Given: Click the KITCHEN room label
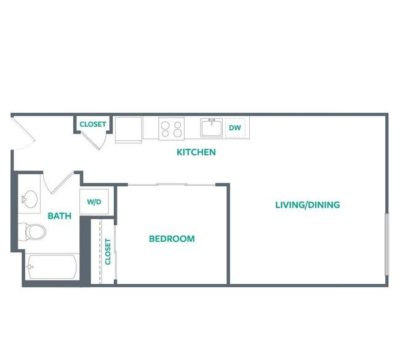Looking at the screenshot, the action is [196, 152].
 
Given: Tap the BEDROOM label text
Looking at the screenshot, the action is [172, 239].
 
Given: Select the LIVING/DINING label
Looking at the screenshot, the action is [308, 205].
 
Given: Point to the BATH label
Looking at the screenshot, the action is [60, 216].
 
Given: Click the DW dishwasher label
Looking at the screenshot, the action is [235, 127].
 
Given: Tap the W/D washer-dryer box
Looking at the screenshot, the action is [94, 202].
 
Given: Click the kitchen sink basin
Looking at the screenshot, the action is [212, 127].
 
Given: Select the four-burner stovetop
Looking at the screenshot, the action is [172, 129].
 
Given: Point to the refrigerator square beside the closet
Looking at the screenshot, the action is [129, 130].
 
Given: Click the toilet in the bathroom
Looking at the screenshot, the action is [32, 231].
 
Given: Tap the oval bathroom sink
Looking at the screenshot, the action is [30, 199].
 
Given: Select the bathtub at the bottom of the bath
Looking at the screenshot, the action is [52, 266].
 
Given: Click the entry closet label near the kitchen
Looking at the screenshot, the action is [93, 124].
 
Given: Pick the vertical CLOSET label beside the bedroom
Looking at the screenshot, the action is [108, 252].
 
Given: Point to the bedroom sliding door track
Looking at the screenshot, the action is [172, 185].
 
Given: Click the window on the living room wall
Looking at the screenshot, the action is [387, 244].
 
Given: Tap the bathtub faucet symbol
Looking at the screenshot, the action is [30, 267].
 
